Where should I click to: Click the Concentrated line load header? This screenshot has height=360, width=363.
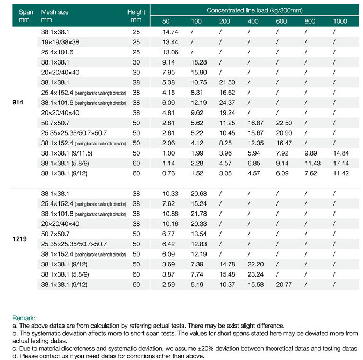[x=254, y=10]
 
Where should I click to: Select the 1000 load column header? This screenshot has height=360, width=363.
[x=340, y=22]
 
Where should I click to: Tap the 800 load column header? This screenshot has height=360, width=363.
[x=310, y=22]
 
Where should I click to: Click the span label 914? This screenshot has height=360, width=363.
[x=18, y=102]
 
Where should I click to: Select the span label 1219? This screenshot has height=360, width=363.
[x=19, y=239]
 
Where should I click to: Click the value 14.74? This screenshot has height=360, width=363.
[x=170, y=32]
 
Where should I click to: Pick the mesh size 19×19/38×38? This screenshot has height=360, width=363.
[x=60, y=42]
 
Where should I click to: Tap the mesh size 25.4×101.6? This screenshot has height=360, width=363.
[x=57, y=52]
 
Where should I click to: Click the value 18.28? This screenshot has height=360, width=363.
[x=198, y=62]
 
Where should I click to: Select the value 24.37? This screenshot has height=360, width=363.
[x=227, y=103]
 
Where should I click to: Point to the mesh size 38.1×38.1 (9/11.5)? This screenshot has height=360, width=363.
[x=67, y=153]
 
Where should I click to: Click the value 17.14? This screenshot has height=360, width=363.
[x=341, y=164]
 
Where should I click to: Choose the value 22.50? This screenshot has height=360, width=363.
[x=284, y=123]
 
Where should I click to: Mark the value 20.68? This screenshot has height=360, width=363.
[x=198, y=194]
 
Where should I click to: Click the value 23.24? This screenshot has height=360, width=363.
[x=255, y=274]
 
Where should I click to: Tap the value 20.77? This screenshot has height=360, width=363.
[x=284, y=285]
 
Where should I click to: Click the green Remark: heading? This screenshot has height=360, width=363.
[x=24, y=318]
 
